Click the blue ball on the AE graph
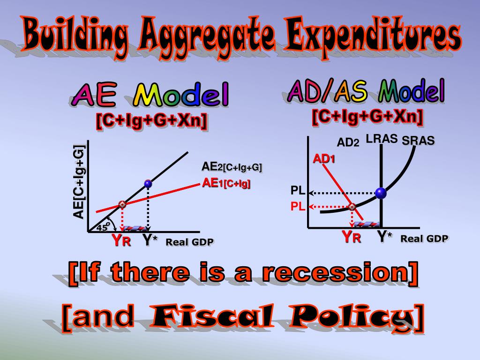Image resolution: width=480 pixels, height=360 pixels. [148, 184]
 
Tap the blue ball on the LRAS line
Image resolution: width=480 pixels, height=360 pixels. [381, 193]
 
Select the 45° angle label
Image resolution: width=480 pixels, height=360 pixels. [102, 227]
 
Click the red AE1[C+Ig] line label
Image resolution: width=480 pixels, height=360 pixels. [226, 183]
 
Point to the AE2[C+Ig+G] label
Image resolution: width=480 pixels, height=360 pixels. [232, 167]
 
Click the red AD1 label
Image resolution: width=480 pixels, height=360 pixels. [323, 159]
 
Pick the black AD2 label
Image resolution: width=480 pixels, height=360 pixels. [348, 142]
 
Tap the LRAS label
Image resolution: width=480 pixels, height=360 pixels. [382, 139]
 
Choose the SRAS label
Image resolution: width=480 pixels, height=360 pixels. [418, 141]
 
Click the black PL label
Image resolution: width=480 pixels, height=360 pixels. [298, 191]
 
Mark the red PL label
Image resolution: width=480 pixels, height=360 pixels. [298, 207]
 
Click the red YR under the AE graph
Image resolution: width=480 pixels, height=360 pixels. [121, 240]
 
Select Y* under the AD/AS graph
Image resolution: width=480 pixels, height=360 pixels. [384, 236]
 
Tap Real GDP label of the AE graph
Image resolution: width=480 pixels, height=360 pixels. [189, 242]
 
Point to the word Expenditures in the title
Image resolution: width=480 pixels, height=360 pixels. [373, 35]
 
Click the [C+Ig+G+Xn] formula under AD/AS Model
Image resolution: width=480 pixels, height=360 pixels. [367, 117]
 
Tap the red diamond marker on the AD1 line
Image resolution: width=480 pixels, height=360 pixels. [352, 207]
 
